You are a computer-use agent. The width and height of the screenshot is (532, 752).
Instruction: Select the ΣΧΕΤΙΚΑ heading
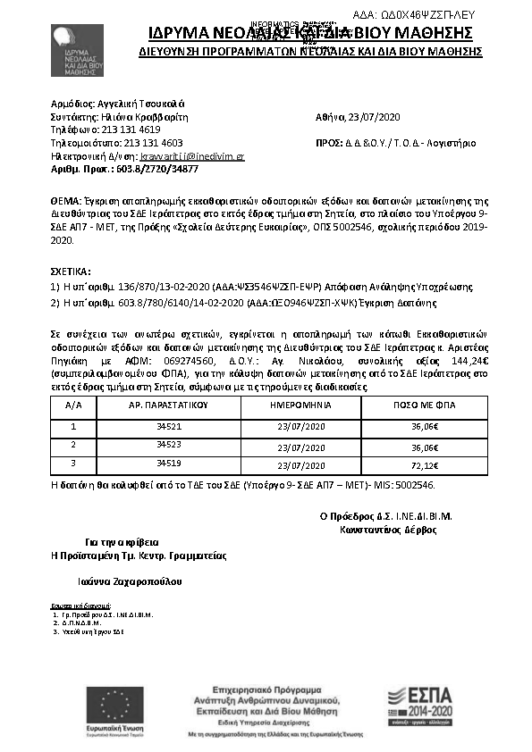point(71,270)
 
